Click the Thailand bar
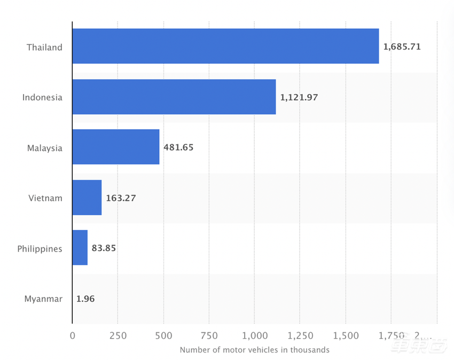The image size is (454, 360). point(225,46)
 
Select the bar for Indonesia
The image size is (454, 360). point(174,97)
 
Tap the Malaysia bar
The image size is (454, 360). point(116,147)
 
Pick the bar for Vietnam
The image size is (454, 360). point(87,198)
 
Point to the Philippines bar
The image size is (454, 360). point(80,248)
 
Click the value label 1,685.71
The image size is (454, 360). point(402,47)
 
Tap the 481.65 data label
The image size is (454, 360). point(178,147)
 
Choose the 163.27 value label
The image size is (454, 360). point(121,198)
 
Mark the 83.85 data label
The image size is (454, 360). point(104,248)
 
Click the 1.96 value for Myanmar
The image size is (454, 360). point(85,299)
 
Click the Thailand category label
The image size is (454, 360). point(45,47)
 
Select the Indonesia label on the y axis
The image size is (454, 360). point(42,97)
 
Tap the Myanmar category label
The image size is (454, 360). point(43,299)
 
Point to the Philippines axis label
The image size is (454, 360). point(40,249)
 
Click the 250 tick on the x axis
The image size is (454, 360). point(118,335)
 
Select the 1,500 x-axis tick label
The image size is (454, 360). point(346,335)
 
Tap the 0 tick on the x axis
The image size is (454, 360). point(73,335)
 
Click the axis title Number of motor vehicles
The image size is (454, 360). point(254,350)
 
